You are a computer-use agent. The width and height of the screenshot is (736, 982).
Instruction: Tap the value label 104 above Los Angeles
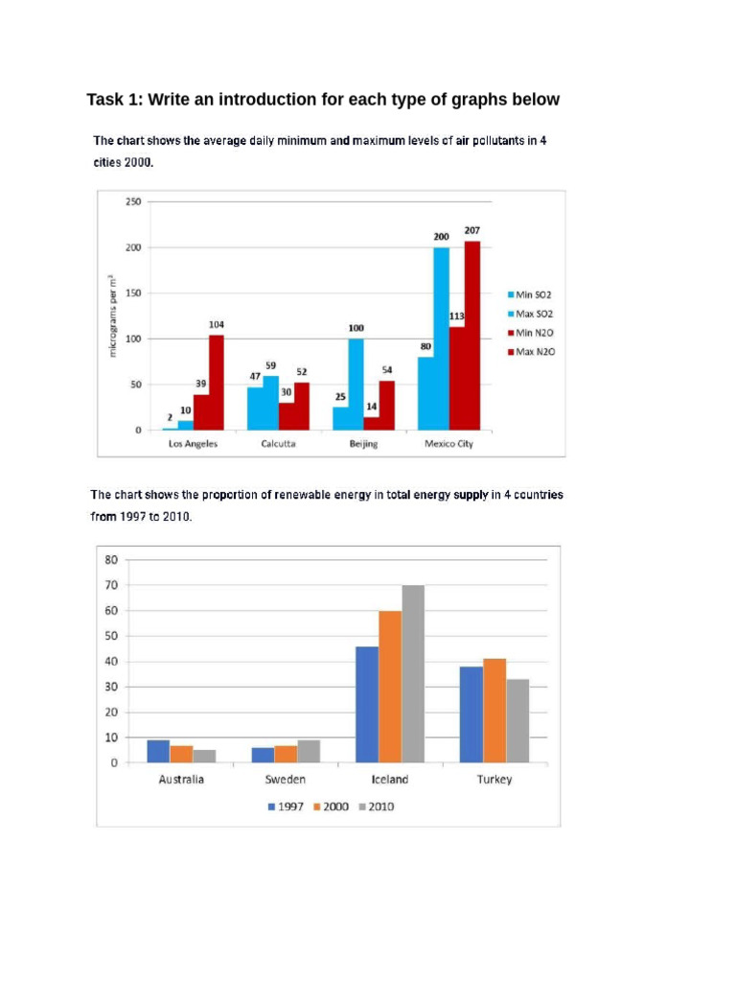click(216, 325)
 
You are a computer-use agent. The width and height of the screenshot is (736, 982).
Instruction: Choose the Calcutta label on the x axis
click(278, 444)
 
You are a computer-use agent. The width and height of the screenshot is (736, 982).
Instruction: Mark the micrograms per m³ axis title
click(113, 316)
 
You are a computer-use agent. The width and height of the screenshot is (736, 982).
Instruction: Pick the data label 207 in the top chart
click(471, 231)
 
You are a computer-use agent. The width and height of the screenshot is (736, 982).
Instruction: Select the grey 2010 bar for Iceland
click(413, 674)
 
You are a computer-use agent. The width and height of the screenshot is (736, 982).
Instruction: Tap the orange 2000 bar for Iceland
click(390, 687)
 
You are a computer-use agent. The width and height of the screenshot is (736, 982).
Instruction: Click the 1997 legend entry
click(287, 807)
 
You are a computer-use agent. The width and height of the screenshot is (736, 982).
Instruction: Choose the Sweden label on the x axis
click(286, 780)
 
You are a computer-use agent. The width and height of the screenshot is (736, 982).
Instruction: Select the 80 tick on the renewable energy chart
click(111, 559)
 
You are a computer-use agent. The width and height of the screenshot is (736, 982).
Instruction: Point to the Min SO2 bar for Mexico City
click(425, 393)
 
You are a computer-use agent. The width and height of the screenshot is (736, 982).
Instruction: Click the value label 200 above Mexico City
click(442, 237)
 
